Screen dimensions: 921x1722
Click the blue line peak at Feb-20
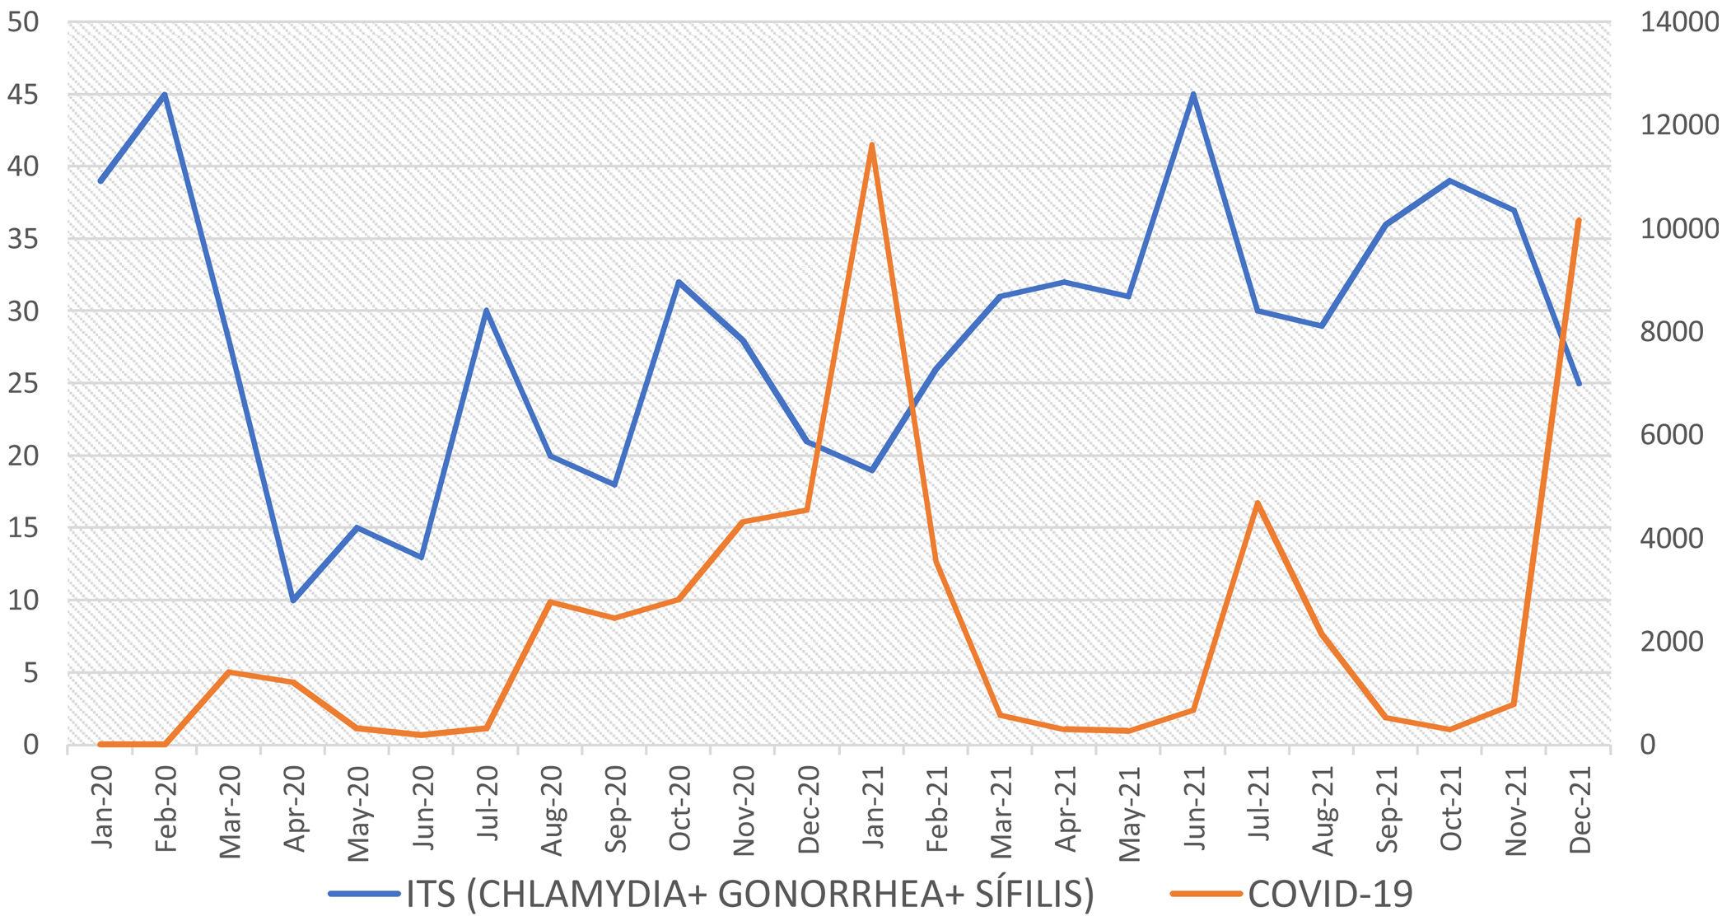pos(165,95)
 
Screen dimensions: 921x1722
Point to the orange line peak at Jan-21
pos(871,145)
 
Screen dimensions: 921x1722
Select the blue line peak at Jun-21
pos(1193,94)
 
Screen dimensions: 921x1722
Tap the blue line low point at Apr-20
pos(293,600)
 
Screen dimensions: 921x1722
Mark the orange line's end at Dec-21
pos(1578,220)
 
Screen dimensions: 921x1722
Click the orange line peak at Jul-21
pos(1258,503)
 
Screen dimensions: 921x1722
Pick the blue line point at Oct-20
pos(679,282)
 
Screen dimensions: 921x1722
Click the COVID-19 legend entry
pos(1330,893)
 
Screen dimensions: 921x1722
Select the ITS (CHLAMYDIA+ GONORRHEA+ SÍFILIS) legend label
pos(749,893)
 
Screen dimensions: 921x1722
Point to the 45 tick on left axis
pos(22,95)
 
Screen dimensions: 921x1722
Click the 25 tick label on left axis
pos(22,384)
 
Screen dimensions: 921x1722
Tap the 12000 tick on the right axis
pos(1680,125)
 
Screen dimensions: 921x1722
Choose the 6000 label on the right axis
pos(1672,435)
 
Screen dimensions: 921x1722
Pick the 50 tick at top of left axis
pos(22,22)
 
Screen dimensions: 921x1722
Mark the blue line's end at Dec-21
pos(1579,384)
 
